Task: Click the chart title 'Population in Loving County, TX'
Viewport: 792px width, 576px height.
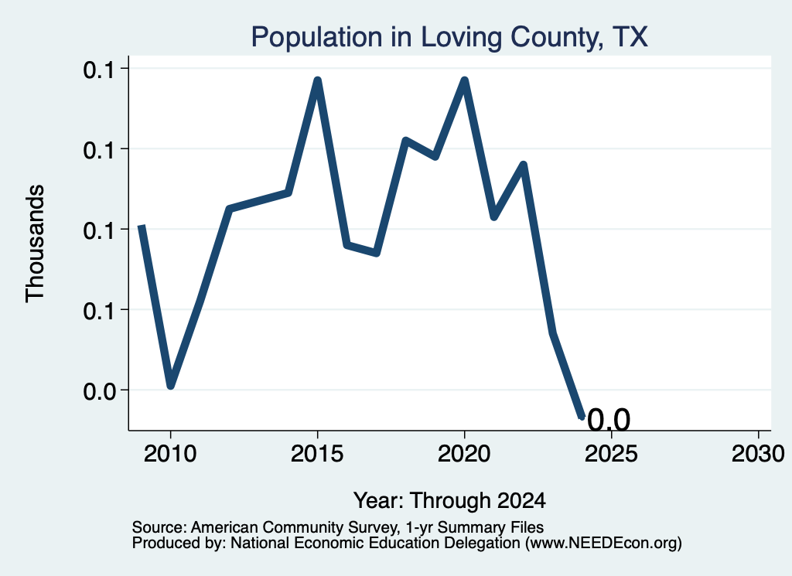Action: point(449,37)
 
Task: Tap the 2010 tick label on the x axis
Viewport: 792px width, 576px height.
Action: point(170,454)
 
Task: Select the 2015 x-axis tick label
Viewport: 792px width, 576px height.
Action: point(317,454)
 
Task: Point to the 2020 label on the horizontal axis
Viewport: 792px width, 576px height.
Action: point(464,454)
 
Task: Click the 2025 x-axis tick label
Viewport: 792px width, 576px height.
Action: point(611,454)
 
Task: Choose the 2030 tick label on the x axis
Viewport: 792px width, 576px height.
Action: point(758,454)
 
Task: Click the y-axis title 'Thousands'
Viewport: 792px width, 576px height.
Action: point(36,244)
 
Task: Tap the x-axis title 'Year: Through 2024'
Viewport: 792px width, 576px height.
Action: point(449,501)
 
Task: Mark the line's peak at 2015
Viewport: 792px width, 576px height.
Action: point(317,80)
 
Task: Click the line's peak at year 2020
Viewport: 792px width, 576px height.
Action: point(464,80)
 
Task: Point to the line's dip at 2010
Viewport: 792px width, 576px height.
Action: point(171,385)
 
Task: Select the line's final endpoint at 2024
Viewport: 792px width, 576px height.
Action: point(582,417)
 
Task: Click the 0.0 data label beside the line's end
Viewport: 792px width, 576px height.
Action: point(609,420)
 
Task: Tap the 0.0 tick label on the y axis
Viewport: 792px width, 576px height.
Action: point(99,390)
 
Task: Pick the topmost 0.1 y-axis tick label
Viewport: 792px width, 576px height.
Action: point(99,69)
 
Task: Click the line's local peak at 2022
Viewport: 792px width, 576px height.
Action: point(524,165)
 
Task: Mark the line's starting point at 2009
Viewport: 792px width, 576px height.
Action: point(142,227)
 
